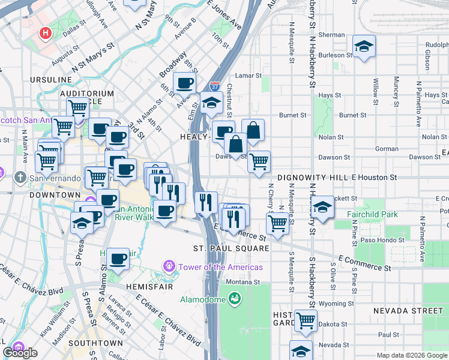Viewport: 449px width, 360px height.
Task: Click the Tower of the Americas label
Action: [x=223, y=266]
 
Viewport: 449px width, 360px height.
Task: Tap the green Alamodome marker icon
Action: [x=235, y=297]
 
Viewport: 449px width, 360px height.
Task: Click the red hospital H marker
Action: [x=44, y=33]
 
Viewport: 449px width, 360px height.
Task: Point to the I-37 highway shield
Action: [x=215, y=87]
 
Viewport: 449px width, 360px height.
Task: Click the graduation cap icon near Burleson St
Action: [x=364, y=46]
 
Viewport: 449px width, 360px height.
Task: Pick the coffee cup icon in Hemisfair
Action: [x=118, y=259]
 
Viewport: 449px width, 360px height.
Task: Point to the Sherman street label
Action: [x=331, y=35]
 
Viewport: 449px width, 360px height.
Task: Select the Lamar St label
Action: [x=249, y=76]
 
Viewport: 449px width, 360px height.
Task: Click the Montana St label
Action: [x=243, y=282]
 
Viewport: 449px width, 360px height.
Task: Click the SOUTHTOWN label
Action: [x=95, y=343]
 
